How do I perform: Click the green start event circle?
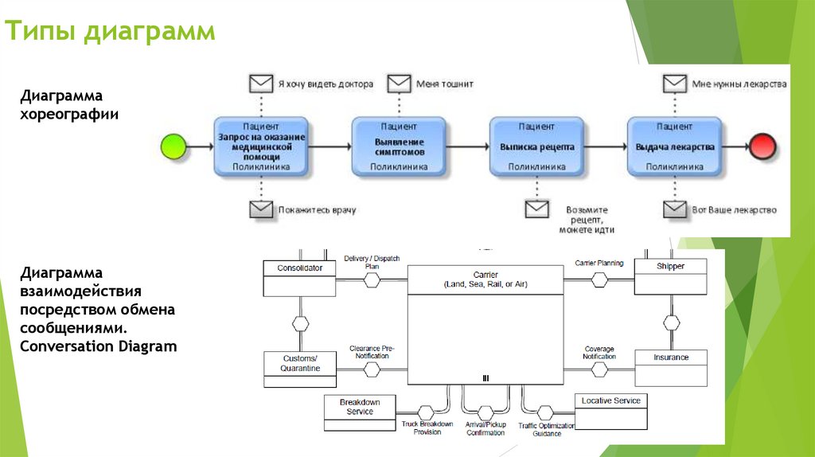tap(174, 146)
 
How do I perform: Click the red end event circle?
tap(761, 146)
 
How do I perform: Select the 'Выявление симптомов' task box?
tap(399, 146)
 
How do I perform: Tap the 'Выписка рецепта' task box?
tap(536, 146)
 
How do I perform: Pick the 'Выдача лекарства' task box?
tap(674, 146)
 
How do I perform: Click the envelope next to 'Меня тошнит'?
tap(399, 83)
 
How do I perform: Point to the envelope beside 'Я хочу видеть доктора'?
tap(260, 83)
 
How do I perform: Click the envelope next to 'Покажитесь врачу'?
tap(260, 209)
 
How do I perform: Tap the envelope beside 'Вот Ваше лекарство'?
tap(675, 209)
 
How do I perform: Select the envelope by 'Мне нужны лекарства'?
tap(675, 83)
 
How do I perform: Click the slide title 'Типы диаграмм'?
tap(111, 32)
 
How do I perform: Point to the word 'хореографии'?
tap(70, 114)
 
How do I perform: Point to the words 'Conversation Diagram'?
tap(99, 346)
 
